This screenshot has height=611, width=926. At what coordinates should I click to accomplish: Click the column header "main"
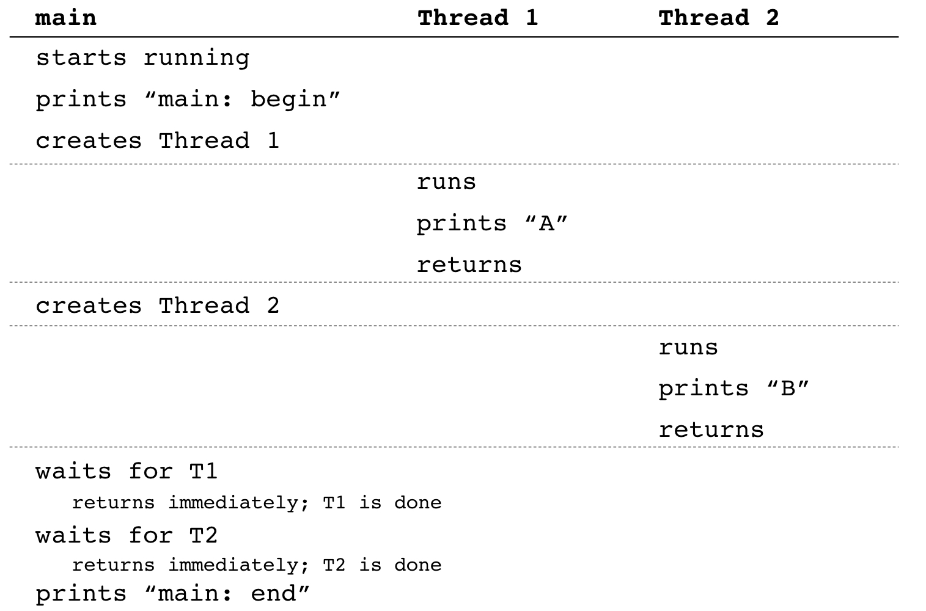[66, 18]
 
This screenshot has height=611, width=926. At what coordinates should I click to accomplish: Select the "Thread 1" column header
[477, 18]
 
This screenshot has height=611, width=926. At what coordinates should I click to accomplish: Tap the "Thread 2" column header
[718, 18]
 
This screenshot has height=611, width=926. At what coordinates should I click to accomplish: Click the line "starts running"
[142, 59]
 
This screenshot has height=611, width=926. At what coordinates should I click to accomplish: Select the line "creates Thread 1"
[157, 141]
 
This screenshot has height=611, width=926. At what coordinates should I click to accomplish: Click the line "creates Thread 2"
[157, 305]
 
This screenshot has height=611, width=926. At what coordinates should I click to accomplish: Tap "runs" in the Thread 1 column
[446, 182]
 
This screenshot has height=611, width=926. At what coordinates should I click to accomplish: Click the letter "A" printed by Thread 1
[546, 224]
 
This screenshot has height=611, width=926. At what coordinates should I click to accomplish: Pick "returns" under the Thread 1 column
[469, 265]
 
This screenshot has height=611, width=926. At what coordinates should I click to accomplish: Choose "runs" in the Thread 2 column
[688, 348]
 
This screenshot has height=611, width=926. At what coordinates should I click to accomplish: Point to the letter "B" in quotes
[788, 389]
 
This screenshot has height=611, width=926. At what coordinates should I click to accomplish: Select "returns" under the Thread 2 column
[711, 430]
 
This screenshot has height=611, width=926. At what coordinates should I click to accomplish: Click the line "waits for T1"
[127, 472]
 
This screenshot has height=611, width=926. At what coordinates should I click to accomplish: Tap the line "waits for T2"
[127, 536]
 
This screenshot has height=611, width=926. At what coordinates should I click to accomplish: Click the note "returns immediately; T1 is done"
[257, 503]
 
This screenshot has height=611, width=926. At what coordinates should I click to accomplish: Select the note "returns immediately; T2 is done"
[257, 565]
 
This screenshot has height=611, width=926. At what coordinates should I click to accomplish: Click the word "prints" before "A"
[461, 224]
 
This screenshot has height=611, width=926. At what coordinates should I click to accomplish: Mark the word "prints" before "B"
[704, 389]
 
